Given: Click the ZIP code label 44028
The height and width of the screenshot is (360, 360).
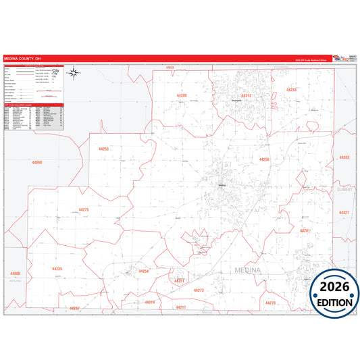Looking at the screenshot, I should click(170, 68).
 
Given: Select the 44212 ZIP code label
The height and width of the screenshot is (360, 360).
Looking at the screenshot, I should click(247, 96).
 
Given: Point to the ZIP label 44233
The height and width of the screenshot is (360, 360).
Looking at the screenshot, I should click(292, 89).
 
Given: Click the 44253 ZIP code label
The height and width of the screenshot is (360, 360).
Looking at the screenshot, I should click(103, 149).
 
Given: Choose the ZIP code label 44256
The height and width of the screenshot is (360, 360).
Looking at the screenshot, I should click(264, 159).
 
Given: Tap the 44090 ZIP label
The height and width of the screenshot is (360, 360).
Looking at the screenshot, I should click(36, 163).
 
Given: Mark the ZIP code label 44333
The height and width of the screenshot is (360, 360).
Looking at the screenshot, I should click(344, 157).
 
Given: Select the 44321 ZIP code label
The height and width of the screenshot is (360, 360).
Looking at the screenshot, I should click(344, 213).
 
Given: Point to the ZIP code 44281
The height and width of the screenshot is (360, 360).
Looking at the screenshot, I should click(305, 231).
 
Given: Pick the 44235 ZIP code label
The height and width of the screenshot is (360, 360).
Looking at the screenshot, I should click(57, 268).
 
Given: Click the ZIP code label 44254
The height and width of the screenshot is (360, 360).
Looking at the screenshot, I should click(143, 271).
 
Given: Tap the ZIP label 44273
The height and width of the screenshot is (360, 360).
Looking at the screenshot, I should click(199, 290).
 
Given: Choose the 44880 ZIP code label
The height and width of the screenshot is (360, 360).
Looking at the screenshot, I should click(16, 274).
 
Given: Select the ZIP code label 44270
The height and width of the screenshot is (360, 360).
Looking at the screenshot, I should click(271, 303).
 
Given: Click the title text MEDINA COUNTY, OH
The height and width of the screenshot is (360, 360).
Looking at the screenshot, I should click(22, 59).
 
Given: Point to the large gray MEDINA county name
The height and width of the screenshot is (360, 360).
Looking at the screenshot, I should click(251, 271).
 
